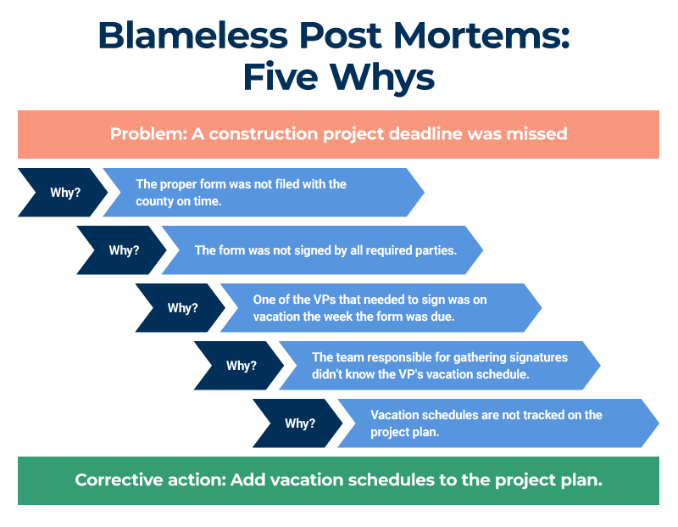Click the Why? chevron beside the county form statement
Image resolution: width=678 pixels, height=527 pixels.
pos(64,193)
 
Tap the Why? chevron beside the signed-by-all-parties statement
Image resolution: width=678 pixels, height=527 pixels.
pos(124,250)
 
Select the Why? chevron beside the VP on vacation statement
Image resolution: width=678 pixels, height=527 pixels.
pos(182,308)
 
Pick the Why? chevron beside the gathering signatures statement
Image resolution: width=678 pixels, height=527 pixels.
pos(241,366)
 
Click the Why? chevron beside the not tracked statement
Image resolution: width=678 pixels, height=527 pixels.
pos(300,423)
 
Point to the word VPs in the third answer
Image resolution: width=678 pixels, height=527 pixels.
pos(315,300)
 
